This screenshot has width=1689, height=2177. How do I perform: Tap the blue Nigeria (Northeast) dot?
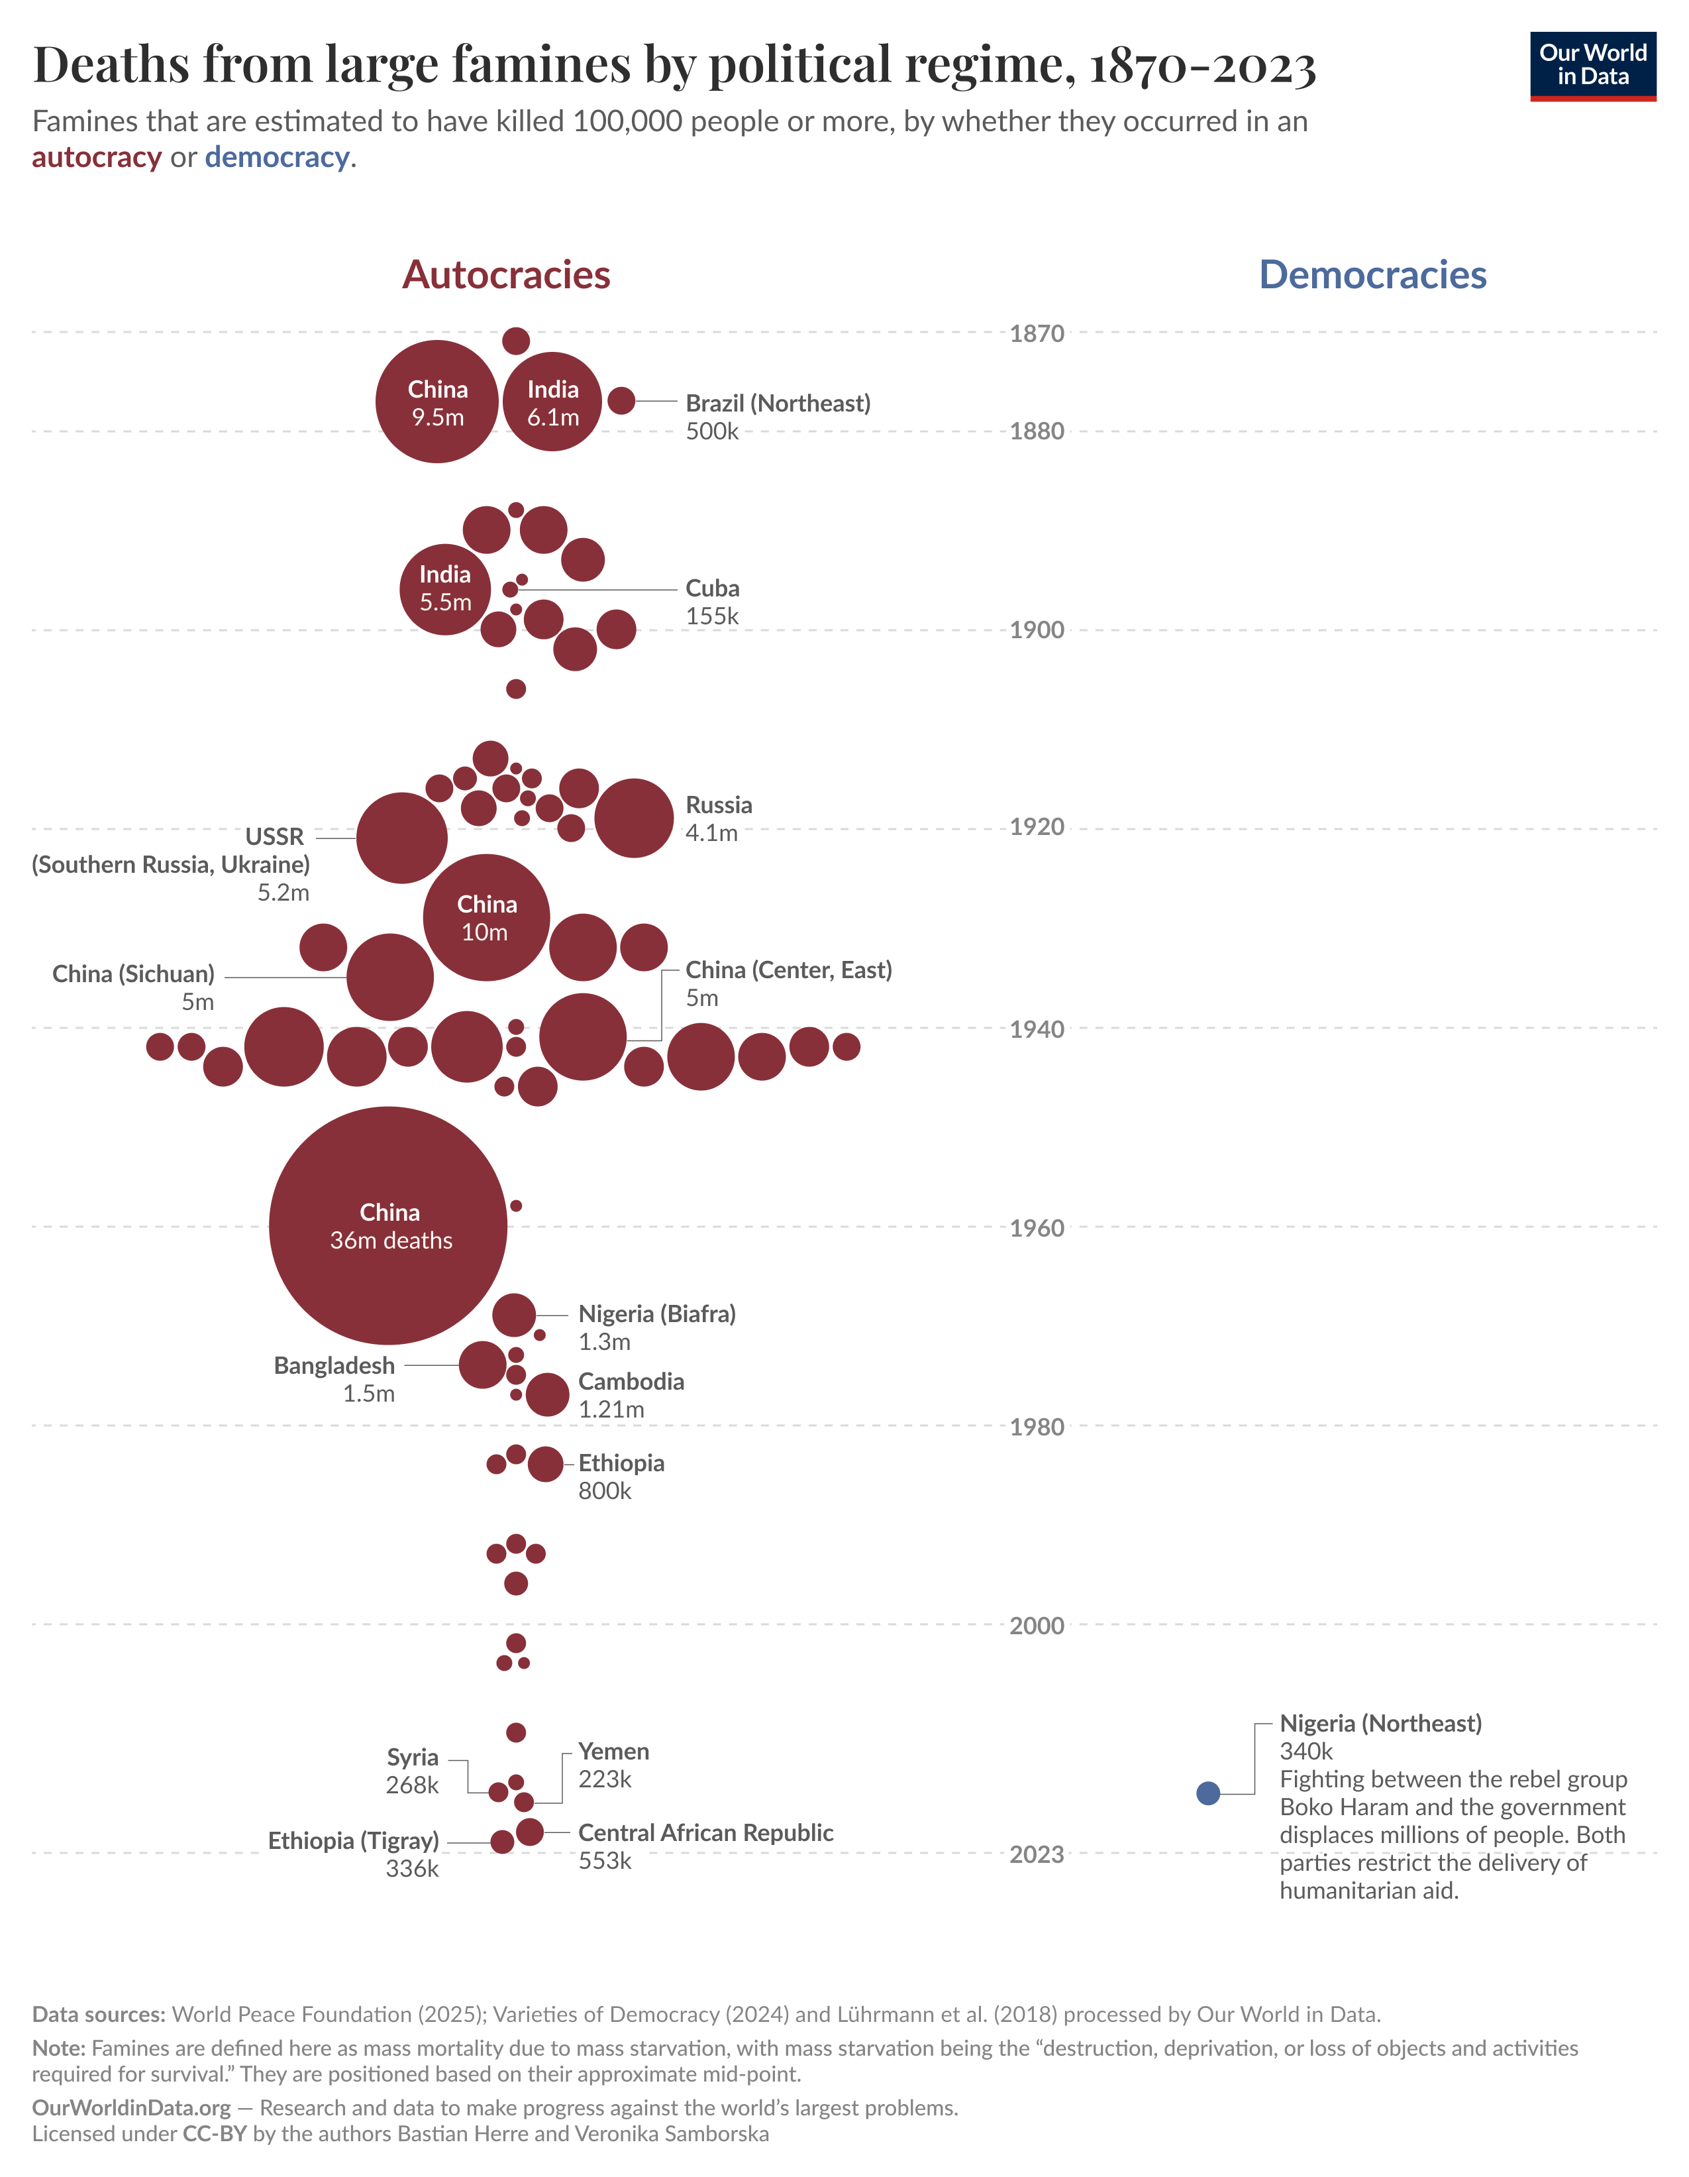[x=1207, y=1793]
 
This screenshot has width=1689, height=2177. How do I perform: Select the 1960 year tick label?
[x=1037, y=1228]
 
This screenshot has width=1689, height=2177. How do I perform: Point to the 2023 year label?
[x=1037, y=1854]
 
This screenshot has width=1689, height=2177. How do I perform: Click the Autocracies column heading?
[x=505, y=275]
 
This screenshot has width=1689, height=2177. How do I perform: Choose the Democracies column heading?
[x=1372, y=275]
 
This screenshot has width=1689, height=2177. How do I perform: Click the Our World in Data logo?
[x=1592, y=66]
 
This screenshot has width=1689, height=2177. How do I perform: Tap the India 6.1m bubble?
[x=552, y=402]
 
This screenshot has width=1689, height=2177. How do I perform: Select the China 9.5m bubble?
[x=436, y=402]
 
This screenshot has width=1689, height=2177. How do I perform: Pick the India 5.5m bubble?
[x=444, y=589]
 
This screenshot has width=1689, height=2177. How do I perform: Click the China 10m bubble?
[x=486, y=917]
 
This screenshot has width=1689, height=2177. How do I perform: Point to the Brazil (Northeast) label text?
[x=777, y=404]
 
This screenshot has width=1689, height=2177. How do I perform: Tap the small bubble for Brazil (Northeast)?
[x=621, y=401]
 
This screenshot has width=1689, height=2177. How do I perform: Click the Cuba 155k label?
[x=711, y=601]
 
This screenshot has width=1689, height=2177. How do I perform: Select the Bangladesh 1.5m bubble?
[x=482, y=1365]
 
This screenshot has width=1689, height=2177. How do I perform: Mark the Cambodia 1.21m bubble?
[x=547, y=1394]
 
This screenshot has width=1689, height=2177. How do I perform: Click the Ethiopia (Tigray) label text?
[x=353, y=1841]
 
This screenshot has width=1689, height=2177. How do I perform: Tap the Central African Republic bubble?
[x=529, y=1832]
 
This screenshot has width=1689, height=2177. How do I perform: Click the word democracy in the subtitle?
[x=277, y=158]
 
